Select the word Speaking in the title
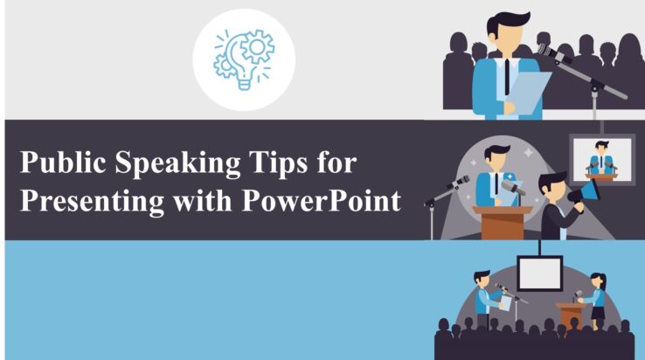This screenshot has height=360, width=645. click(177, 165)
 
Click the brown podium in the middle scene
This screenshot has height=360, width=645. click(503, 222)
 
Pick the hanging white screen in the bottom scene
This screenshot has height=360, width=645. click(539, 273)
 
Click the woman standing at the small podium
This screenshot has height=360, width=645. click(597, 299)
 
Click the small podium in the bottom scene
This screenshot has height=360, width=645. click(569, 313)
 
